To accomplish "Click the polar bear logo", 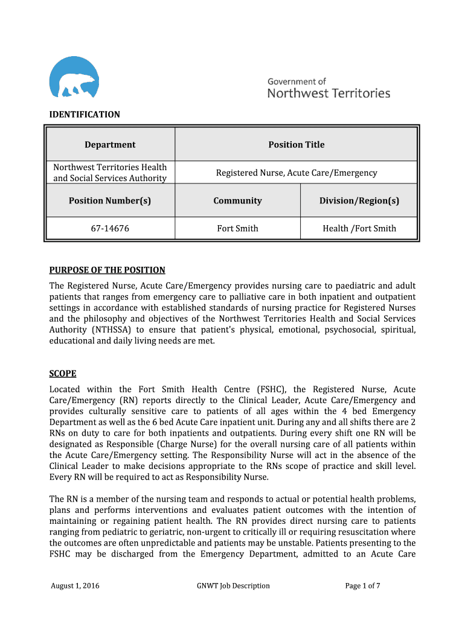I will (74, 77).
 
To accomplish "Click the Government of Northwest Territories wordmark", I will (329, 88).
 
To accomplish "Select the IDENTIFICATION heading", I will (85, 114).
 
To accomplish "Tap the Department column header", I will (110, 144).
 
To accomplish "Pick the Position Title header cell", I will (296, 144).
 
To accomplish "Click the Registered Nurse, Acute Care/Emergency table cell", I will (296, 173).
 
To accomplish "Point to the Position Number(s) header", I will (110, 200).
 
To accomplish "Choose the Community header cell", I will (237, 200).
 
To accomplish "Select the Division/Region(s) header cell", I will (359, 200).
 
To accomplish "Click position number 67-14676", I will (110, 228).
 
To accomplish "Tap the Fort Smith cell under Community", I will (237, 228).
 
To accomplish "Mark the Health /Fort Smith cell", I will (359, 228).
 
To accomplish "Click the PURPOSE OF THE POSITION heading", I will (107, 270).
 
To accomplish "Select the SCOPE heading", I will (62, 374).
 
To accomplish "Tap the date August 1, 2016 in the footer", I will (75, 585).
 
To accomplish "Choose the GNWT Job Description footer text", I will (233, 585).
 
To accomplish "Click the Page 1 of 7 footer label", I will (362, 585).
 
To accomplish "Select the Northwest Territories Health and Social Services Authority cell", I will (110, 173).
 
